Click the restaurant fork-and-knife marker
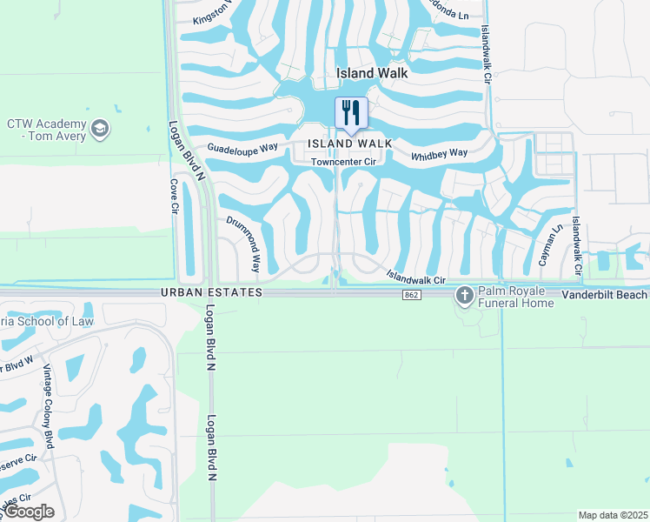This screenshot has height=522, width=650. (x=351, y=112)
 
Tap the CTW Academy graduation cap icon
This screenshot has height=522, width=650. (x=101, y=129)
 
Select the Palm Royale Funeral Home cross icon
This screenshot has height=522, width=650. (x=464, y=296)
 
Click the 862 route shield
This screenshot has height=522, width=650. (x=412, y=296)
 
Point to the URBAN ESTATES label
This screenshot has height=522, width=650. (x=211, y=294)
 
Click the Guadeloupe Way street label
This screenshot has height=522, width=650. (x=242, y=148)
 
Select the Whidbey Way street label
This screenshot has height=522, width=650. (x=439, y=154)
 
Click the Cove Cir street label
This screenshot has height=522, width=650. (x=174, y=198)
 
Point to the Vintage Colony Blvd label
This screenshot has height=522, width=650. (x=49, y=404)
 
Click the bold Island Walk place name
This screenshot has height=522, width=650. (x=372, y=74)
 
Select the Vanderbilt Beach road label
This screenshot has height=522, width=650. (x=605, y=295)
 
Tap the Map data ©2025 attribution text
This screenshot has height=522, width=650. (x=613, y=515)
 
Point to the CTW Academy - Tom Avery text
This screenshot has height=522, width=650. (x=47, y=130)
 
